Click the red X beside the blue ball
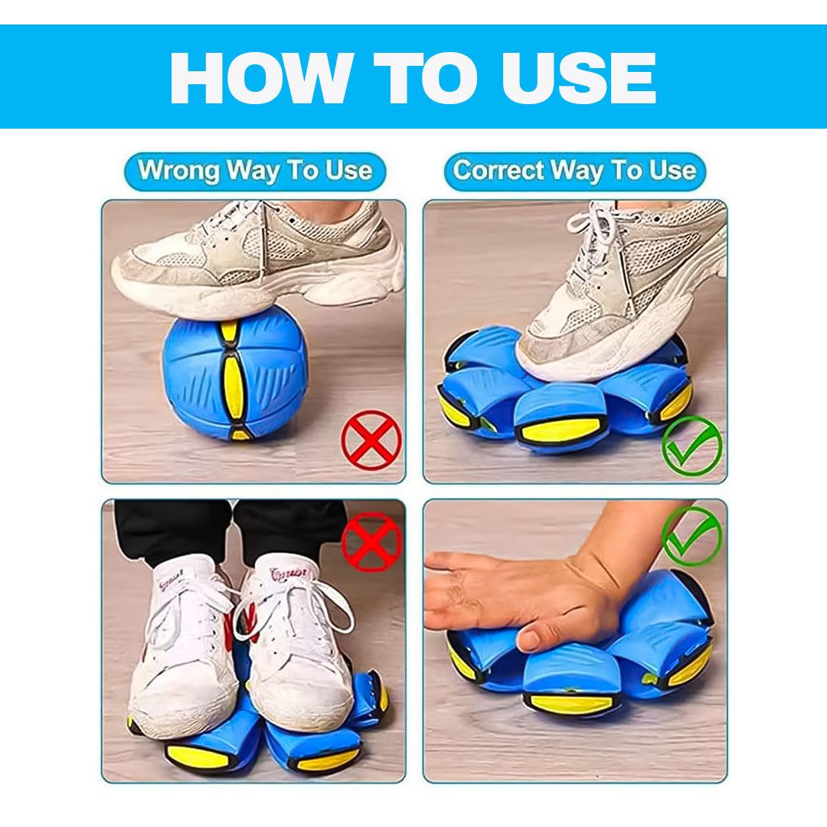[371, 439]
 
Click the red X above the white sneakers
[371, 541]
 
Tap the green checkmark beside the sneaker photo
[691, 444]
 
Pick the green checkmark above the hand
[691, 536]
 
